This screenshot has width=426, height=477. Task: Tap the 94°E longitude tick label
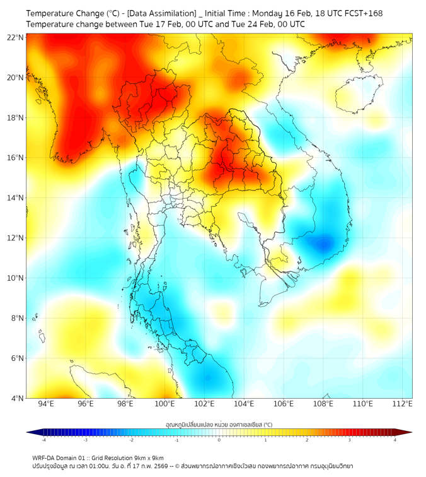pos(46,404)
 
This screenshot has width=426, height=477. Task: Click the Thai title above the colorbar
pos(219,424)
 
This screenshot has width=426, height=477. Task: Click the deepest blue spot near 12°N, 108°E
pos(325,243)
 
